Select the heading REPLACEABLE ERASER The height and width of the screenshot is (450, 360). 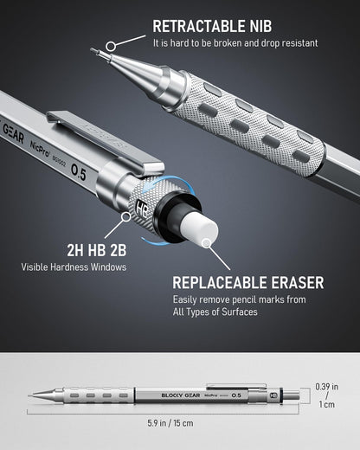247,282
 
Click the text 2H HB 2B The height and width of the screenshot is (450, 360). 75,251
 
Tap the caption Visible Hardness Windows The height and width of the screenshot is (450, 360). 74,267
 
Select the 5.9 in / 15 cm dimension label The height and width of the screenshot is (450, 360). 164,423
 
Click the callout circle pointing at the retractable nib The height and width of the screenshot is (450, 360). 110,45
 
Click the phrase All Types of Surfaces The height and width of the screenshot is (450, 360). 215,312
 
